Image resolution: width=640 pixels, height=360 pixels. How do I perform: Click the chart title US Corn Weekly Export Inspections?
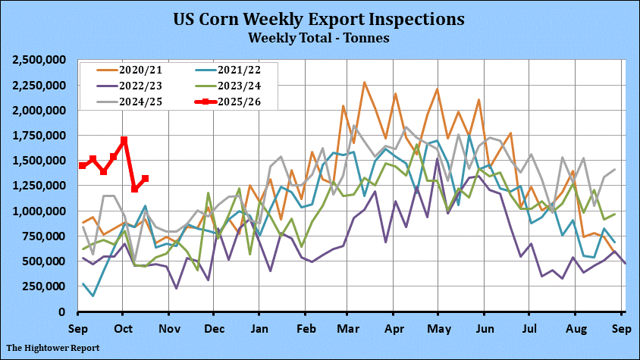click(319, 18)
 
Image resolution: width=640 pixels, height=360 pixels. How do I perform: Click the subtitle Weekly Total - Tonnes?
click(319, 37)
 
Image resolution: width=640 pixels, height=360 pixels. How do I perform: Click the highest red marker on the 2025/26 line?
click(124, 140)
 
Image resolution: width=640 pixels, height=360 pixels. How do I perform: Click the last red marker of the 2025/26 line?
click(145, 179)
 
